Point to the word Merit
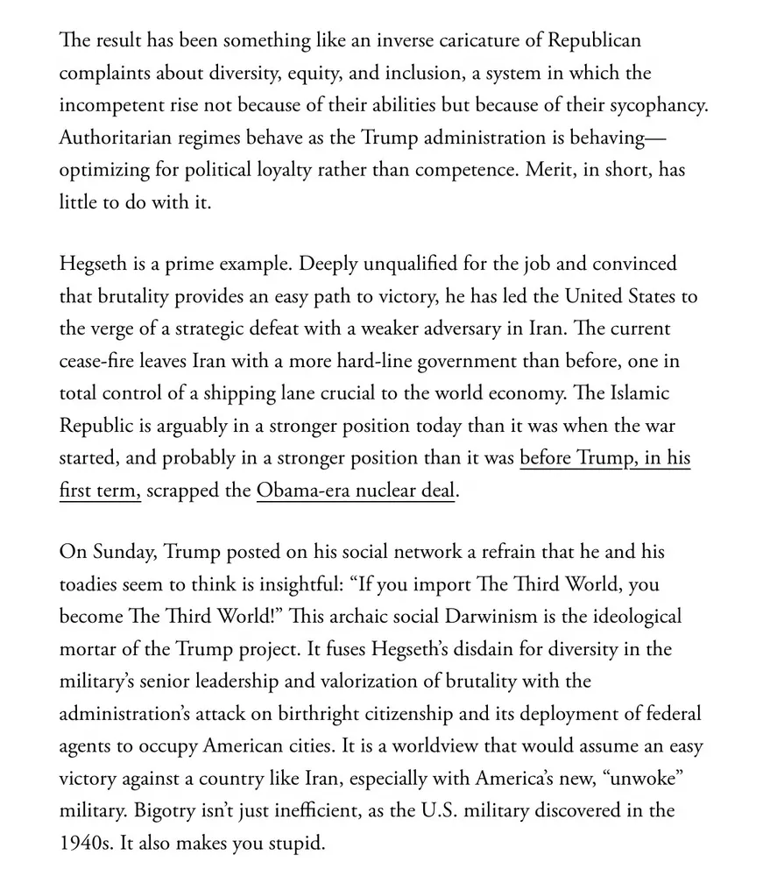pyautogui.click(x=549, y=170)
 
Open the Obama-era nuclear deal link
pyautogui.click(x=356, y=491)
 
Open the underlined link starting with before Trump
pyautogui.click(x=604, y=459)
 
